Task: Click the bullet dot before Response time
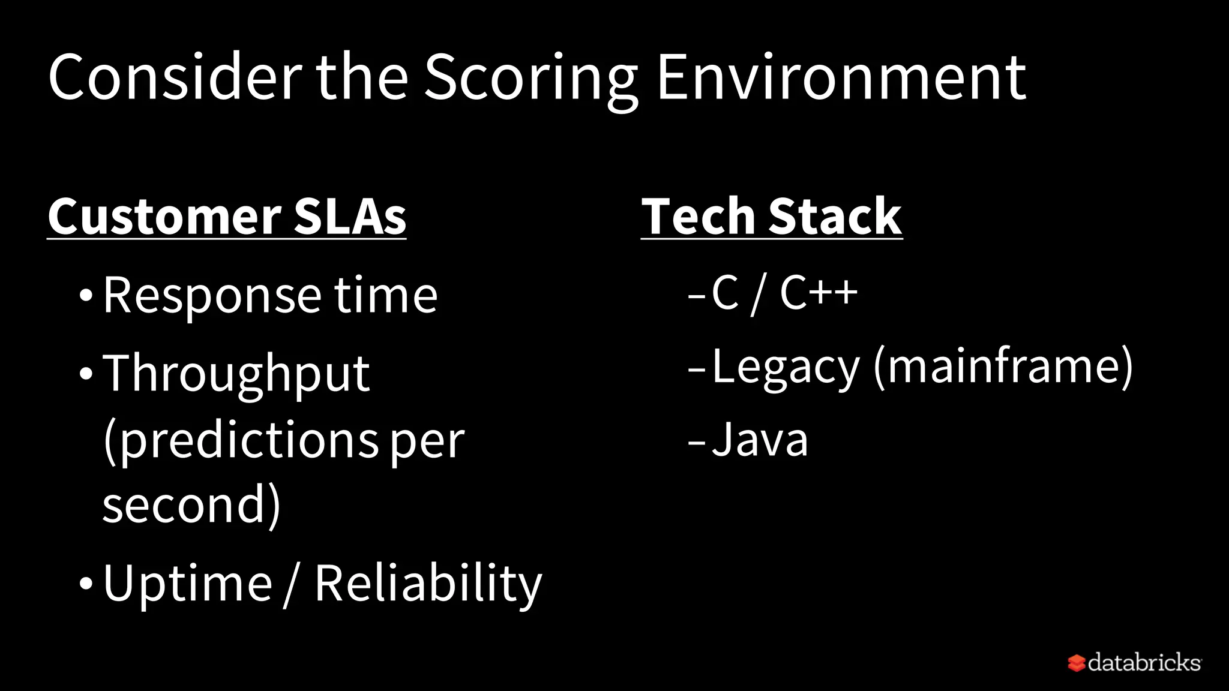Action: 86,296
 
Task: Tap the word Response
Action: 212,296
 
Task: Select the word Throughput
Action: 236,374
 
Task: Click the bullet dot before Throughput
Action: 86,374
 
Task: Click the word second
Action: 184,505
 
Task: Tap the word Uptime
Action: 188,583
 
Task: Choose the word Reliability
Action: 428,583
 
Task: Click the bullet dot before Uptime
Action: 86,583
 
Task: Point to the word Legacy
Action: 786,367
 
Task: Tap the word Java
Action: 760,440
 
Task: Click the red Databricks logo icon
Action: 1076,663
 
